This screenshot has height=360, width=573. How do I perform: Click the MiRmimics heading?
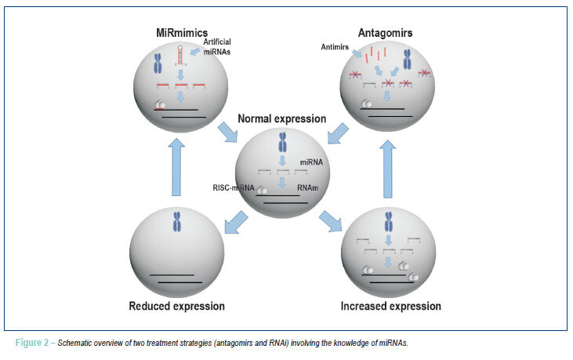tap(182, 33)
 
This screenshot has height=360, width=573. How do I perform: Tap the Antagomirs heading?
tap(385, 33)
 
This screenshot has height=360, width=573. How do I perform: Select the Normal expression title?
tap(281, 118)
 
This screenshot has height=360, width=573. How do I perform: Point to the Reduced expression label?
tap(177, 306)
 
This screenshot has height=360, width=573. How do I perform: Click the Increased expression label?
tap(390, 306)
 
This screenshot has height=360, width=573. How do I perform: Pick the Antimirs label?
tap(335, 47)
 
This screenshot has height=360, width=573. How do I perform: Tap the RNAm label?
tap(307, 188)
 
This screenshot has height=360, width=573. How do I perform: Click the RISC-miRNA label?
tap(234, 188)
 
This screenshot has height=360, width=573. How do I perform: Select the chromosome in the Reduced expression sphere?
tap(177, 222)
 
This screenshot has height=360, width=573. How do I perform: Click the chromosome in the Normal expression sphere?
tap(282, 142)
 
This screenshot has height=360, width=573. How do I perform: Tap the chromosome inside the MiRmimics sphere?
tap(158, 63)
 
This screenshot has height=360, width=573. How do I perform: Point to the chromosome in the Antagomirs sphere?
tap(408, 60)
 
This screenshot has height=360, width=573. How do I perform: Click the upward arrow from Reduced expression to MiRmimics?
tap(176, 167)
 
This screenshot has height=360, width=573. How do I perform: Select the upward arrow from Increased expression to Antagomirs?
tap(388, 169)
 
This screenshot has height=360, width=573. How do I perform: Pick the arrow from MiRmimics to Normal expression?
tap(228, 133)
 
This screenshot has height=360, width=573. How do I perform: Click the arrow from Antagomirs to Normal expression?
tap(338, 133)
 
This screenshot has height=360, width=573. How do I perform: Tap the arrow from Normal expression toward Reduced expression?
tap(236, 222)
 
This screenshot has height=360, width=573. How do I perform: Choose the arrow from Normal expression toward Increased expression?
tap(330, 221)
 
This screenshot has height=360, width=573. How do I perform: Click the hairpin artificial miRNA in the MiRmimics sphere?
tap(180, 55)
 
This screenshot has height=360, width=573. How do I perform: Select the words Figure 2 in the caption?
tap(32, 343)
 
